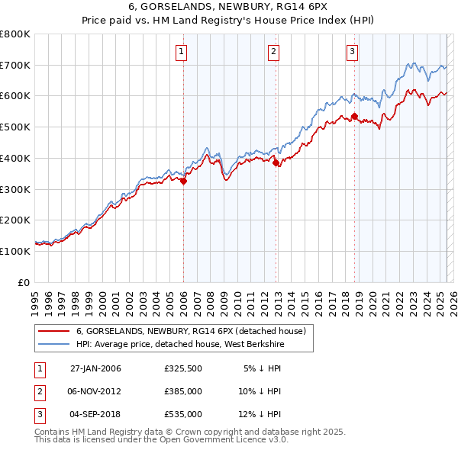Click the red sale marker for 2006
coord(184,181)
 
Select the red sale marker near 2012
coord(276,162)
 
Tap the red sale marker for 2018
coord(354,116)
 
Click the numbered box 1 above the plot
coord(182,52)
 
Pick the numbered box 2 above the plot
coord(273,52)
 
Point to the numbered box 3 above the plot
coord(352,52)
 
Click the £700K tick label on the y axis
coord(15,65)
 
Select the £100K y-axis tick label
coord(15,251)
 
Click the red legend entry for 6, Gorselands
coord(191,331)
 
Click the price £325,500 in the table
coord(182,368)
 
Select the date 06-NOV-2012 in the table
coord(95,391)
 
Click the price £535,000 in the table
coord(182,414)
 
